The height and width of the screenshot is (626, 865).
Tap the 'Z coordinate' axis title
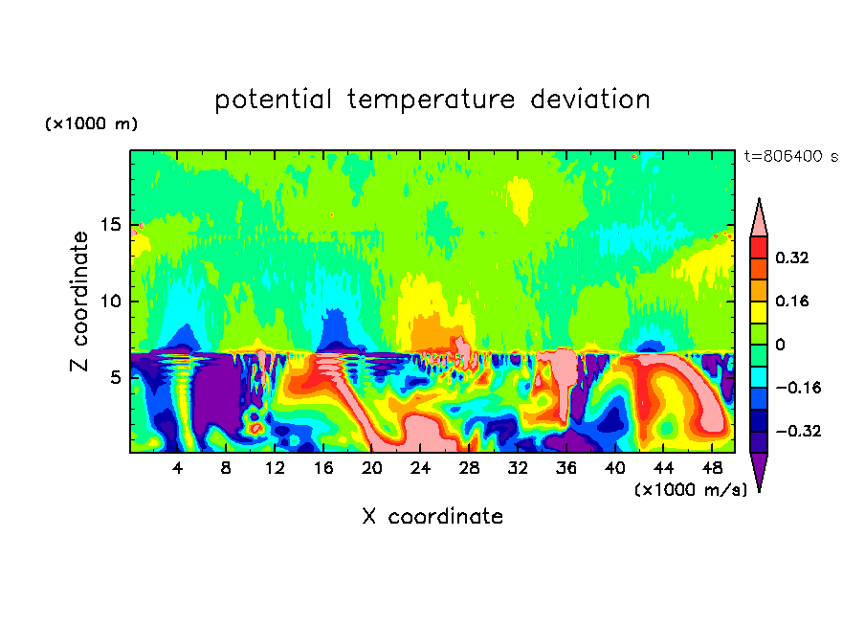(x=80, y=302)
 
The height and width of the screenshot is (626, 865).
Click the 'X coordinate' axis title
(x=432, y=517)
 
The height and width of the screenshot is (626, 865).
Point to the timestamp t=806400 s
(x=790, y=156)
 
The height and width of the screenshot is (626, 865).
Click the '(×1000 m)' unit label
(x=91, y=124)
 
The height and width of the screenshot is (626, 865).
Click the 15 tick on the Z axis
(x=111, y=225)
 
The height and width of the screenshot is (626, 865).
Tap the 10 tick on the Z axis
(x=111, y=302)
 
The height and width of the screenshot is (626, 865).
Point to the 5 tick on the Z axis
(x=115, y=377)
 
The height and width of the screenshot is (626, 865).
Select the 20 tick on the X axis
(x=371, y=468)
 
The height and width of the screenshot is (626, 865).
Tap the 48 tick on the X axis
(x=710, y=468)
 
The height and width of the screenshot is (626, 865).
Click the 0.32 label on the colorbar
(x=793, y=257)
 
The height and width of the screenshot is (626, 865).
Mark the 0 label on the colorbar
(x=780, y=345)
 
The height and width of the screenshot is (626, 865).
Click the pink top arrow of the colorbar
(x=758, y=219)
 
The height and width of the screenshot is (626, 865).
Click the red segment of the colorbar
(x=758, y=247)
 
